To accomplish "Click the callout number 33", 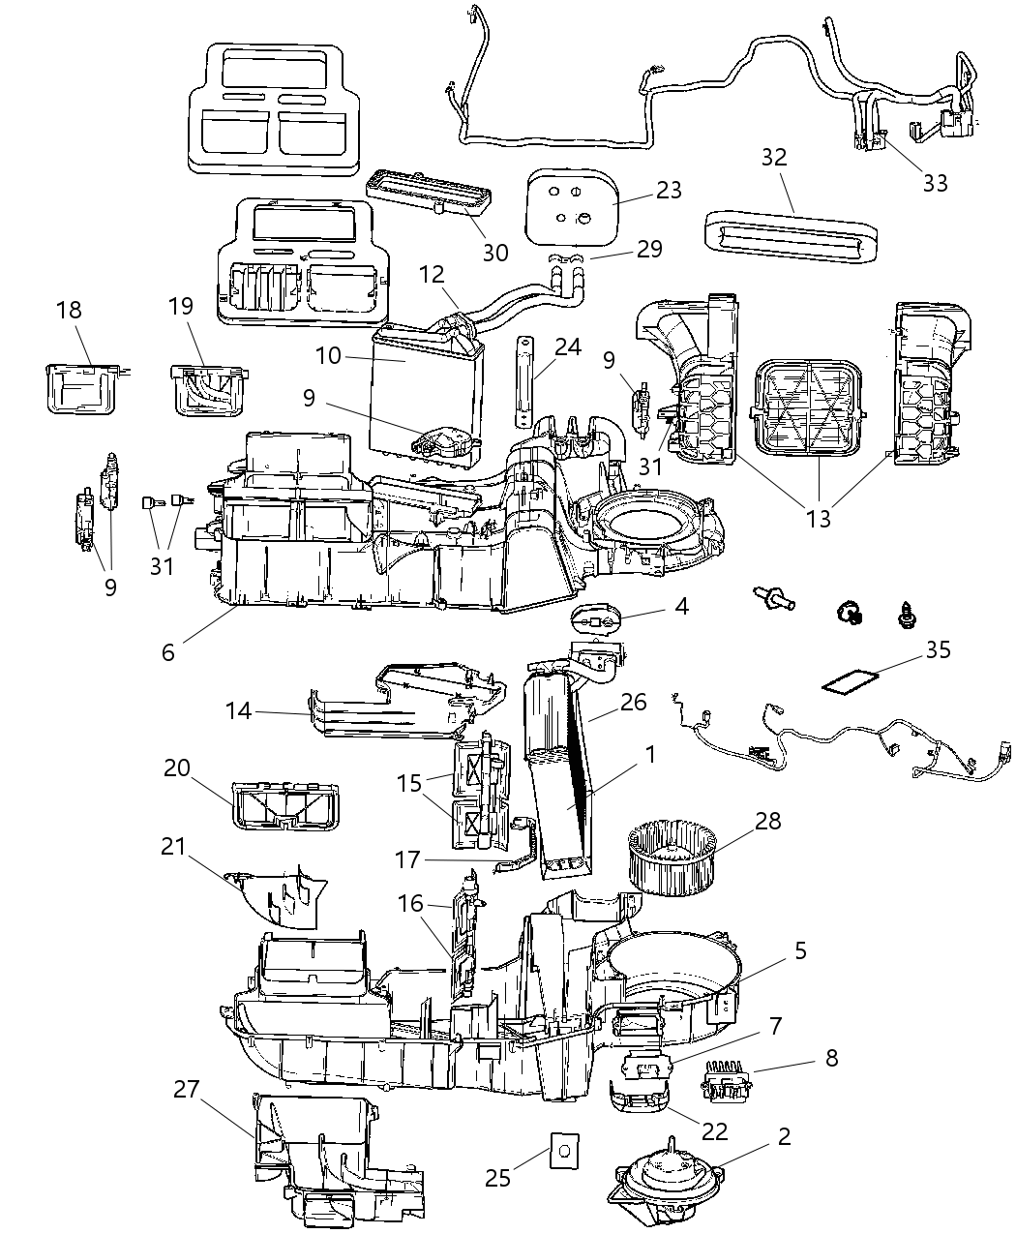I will tap(935, 182).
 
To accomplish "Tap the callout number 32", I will tap(774, 158).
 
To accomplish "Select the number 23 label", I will tap(669, 191).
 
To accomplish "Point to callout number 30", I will tap(495, 252).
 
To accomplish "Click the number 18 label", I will tap(69, 310).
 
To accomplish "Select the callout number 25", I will tap(497, 1177).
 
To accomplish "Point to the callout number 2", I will tap(784, 1136).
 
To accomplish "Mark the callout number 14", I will tap(238, 711).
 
